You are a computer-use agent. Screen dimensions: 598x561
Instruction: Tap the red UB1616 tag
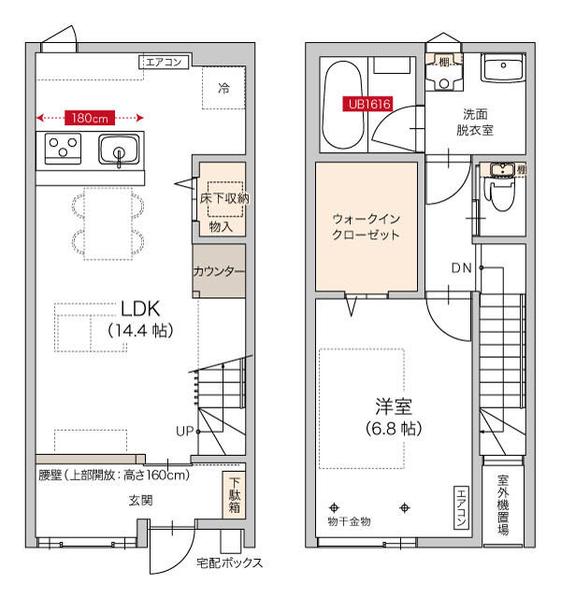pos(367,105)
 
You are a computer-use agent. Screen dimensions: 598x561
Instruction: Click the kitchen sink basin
pos(119,149)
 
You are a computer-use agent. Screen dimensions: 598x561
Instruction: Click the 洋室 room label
pos(394,408)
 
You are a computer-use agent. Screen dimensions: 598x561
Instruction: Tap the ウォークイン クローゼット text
pos(367,226)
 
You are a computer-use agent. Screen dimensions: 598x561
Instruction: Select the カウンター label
pos(219,272)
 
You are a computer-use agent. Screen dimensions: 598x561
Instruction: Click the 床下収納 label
pos(223,198)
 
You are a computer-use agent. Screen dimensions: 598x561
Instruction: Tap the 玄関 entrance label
pos(140,500)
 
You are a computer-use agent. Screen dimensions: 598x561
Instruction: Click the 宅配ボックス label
pos(229,562)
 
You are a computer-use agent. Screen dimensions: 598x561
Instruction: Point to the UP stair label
pos(185,431)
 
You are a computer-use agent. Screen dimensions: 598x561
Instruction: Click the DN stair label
pos(461,268)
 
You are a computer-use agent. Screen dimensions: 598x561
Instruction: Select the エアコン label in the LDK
pos(165,63)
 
